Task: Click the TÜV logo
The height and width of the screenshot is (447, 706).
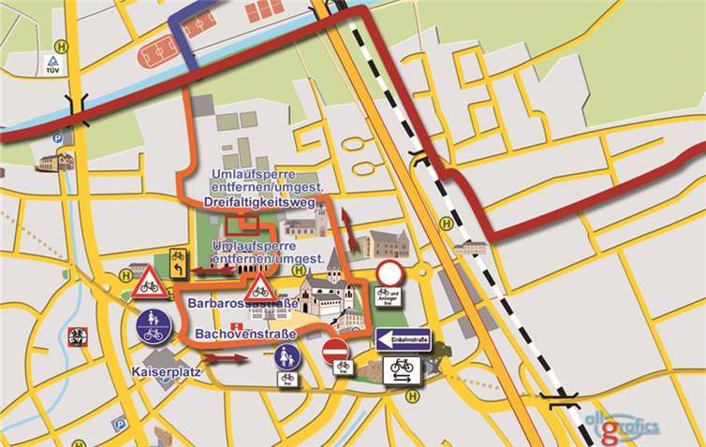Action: (x=51, y=64)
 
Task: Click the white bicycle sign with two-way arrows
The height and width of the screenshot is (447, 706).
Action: (x=403, y=370)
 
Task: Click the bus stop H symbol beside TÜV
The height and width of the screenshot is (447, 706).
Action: (x=62, y=44)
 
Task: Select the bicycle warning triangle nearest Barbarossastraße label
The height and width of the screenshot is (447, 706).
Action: (x=259, y=287)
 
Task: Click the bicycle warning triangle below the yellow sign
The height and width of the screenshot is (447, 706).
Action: (x=148, y=283)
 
